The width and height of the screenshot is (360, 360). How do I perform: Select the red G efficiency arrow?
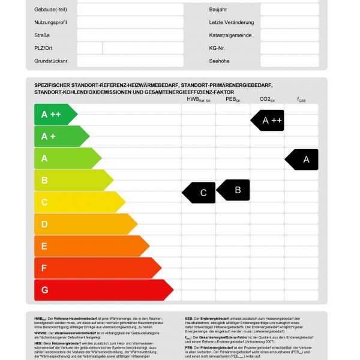tap(102, 290)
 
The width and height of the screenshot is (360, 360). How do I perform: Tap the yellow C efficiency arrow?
tap(78, 202)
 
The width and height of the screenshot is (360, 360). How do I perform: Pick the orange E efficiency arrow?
tap(90, 246)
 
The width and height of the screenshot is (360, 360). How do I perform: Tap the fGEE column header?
tap(302, 100)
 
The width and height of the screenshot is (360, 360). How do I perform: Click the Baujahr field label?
tap(218, 10)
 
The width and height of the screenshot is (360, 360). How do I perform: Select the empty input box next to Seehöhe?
tap(289, 61)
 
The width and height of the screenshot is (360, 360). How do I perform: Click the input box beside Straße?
tap(130, 35)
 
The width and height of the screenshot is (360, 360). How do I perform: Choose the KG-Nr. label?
tap(217, 48)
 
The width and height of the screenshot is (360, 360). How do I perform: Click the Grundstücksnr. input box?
tap(130, 61)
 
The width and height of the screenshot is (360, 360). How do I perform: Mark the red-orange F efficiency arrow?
tap(96, 268)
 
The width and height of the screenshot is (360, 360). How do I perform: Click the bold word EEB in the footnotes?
tap(190, 319)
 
